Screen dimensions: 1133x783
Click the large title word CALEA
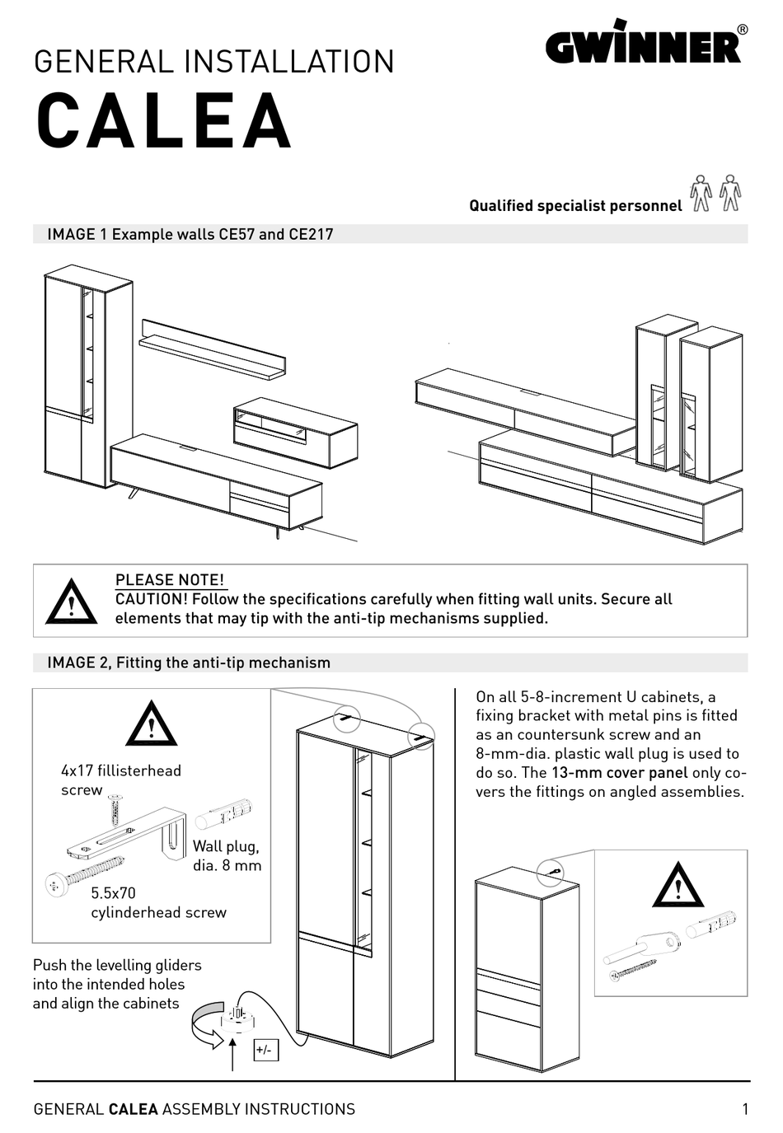(x=164, y=120)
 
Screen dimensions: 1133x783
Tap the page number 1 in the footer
(x=745, y=1109)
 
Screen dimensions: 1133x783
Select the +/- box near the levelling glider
(x=265, y=1050)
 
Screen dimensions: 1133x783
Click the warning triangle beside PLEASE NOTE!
(x=72, y=602)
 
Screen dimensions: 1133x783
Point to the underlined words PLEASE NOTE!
(x=170, y=579)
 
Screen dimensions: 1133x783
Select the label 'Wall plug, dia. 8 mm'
(x=227, y=855)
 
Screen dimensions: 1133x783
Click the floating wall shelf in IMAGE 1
(x=212, y=350)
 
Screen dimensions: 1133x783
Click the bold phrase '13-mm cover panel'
(x=620, y=773)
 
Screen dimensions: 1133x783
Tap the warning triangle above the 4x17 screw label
(x=152, y=725)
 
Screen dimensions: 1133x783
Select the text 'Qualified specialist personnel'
(x=575, y=206)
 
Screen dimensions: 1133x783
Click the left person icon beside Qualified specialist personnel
(x=701, y=194)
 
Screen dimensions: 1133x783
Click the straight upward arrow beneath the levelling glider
(x=234, y=1055)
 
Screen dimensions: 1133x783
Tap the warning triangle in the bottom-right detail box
(x=678, y=886)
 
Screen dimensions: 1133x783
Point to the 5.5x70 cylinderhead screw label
(x=158, y=902)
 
